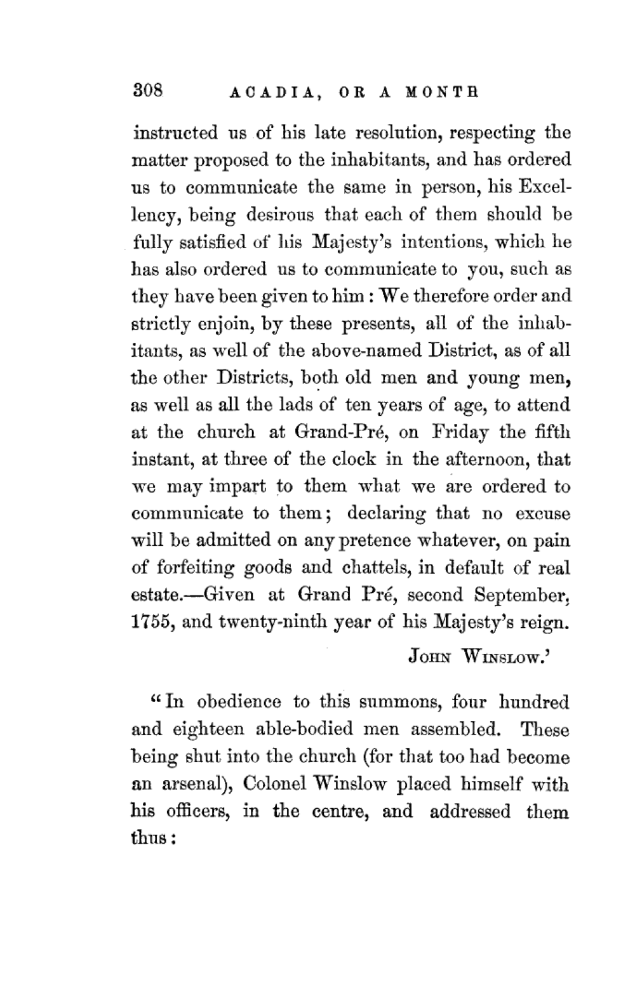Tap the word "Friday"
pyautogui.click(x=459, y=432)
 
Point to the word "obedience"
pyautogui.click(x=237, y=703)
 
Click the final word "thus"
pyautogui.click(x=149, y=839)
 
